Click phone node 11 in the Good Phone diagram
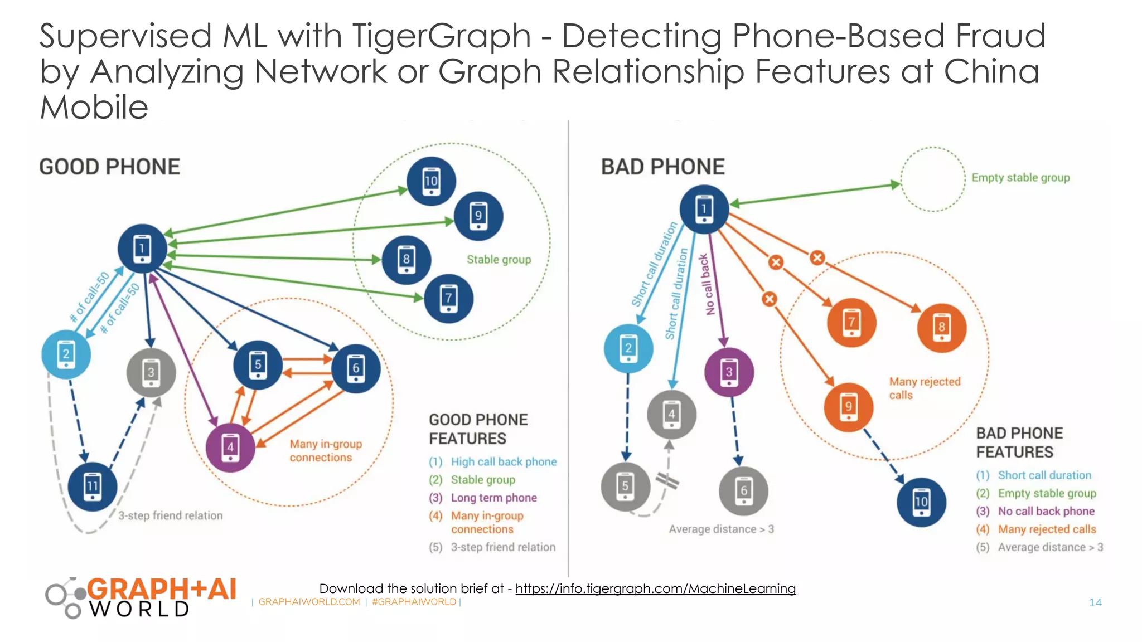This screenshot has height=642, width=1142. pyautogui.click(x=93, y=487)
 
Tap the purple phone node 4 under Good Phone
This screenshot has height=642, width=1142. pyautogui.click(x=230, y=448)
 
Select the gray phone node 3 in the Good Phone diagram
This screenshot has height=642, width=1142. pyautogui.click(x=151, y=372)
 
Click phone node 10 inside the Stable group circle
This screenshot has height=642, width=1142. pyautogui.click(x=431, y=181)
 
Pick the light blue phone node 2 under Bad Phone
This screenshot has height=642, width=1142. pyautogui.click(x=628, y=348)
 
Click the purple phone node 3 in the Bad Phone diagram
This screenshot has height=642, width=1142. pyautogui.click(x=729, y=372)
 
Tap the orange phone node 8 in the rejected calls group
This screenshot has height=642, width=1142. pyautogui.click(x=941, y=328)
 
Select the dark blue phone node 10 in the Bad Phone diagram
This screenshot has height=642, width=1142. pyautogui.click(x=921, y=502)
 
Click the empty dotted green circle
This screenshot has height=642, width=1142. pyautogui.click(x=933, y=179)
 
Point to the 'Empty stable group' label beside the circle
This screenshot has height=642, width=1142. pyautogui.click(x=1020, y=178)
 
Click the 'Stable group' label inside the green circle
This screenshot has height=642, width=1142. pyautogui.click(x=499, y=260)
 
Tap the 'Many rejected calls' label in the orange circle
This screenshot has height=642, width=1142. pyautogui.click(x=924, y=388)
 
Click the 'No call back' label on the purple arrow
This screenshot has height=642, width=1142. pyautogui.click(x=707, y=284)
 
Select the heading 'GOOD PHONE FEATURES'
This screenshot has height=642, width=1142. pyautogui.click(x=478, y=429)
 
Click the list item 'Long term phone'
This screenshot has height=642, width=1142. pyautogui.click(x=493, y=498)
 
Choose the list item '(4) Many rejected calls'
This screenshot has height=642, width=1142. pyautogui.click(x=1046, y=529)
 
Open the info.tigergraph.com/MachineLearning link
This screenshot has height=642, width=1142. pyautogui.click(x=655, y=588)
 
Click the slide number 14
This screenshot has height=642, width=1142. pyautogui.click(x=1095, y=602)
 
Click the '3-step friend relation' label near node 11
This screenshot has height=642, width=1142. pyautogui.click(x=170, y=516)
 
